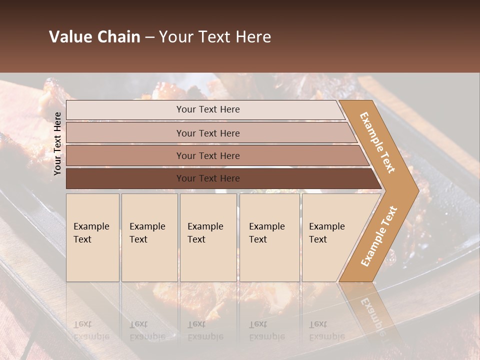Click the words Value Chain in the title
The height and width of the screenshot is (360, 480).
pos(94,37)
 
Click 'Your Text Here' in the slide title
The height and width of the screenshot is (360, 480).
pos(215,37)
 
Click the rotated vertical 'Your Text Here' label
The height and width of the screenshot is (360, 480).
pos(57,143)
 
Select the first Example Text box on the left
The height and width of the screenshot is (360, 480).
pos(92,237)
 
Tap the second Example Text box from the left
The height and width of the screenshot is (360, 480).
pos(149,237)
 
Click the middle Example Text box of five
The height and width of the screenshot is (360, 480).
pos(208,237)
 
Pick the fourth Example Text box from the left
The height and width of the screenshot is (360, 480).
pos(269,237)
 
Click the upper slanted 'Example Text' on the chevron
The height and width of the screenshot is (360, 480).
pos(377,142)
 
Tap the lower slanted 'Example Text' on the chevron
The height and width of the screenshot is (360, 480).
pos(379,236)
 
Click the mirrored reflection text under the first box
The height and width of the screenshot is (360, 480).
pos(91,330)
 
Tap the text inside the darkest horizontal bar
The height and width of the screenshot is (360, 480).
pos(208,178)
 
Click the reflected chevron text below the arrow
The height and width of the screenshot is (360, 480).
pos(372,315)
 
